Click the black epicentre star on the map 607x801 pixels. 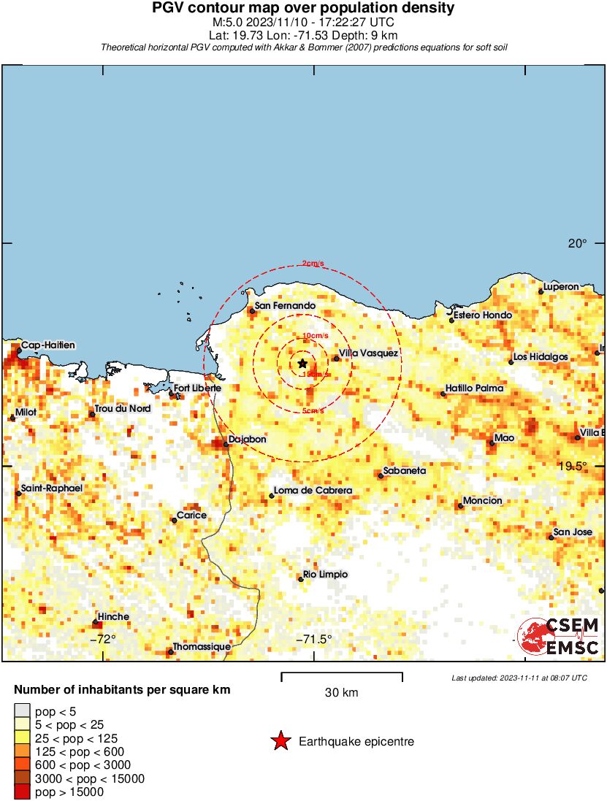coord(302,364)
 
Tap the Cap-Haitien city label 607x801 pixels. coord(48,345)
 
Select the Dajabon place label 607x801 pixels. coord(247,440)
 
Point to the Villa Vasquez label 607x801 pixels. coord(369,353)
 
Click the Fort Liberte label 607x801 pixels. coord(196,388)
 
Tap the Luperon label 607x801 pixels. coord(561,287)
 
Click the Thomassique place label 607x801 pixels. coord(202,647)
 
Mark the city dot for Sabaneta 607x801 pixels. coord(381,476)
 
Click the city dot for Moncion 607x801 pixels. coord(460,505)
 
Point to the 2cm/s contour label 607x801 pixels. coord(311,264)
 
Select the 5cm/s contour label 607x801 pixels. coord(313,411)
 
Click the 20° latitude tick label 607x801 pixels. coord(577,244)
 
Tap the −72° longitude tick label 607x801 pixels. coord(103,639)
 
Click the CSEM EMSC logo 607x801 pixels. coord(559,637)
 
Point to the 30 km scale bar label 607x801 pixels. coord(341,692)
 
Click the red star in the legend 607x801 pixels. coord(280,742)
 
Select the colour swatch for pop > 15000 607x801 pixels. coord(23,792)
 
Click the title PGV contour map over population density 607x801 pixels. coord(303,9)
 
